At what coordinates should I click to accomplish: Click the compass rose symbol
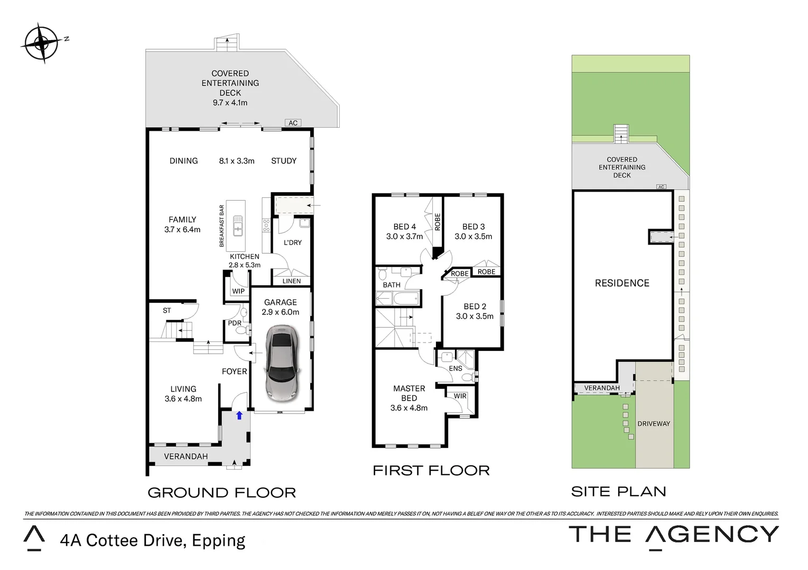(42, 43)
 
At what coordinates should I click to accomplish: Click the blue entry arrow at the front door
(239, 415)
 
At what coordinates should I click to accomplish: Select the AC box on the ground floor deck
(293, 123)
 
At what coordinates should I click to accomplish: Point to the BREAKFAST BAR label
(221, 226)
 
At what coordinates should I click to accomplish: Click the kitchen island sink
(237, 225)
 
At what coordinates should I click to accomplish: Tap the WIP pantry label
(238, 291)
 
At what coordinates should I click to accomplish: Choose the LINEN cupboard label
(292, 281)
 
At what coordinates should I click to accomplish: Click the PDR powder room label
(235, 323)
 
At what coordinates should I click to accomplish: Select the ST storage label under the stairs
(166, 310)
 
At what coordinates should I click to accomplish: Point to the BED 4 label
(405, 226)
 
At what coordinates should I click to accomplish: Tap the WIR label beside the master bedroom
(460, 396)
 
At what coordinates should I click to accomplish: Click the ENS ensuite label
(456, 368)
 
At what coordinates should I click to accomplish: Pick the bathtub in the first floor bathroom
(406, 299)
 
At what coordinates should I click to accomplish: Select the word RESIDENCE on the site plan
(622, 283)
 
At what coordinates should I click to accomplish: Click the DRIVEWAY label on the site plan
(654, 424)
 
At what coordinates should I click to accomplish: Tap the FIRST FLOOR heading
(431, 471)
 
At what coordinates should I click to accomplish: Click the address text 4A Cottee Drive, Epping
(153, 540)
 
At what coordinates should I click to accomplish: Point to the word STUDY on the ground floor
(284, 160)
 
